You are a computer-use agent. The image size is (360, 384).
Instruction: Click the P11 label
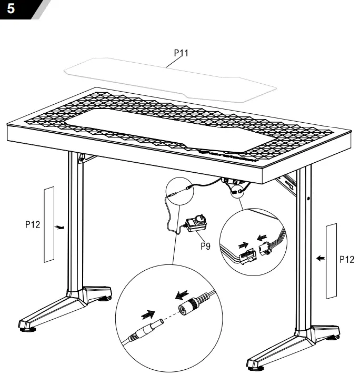(181, 53)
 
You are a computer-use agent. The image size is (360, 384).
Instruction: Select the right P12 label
(346, 259)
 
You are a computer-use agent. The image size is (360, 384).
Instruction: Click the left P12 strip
(49, 224)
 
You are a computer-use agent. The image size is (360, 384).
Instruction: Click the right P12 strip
(331, 260)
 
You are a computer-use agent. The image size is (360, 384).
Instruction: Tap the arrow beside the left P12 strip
(61, 228)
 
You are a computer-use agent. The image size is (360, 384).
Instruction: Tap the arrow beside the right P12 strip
(319, 259)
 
